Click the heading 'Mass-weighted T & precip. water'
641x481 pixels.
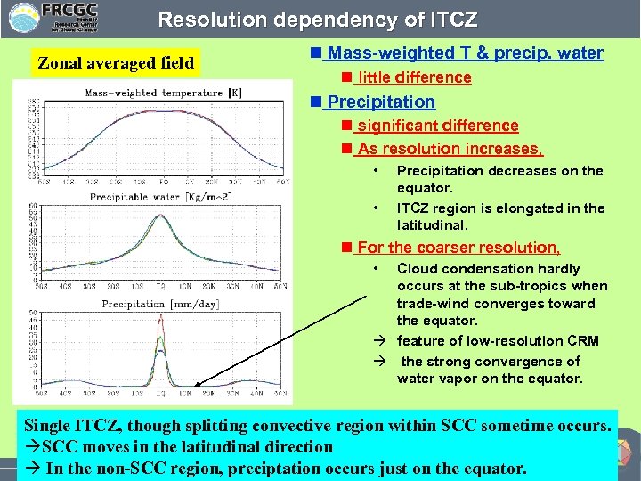pos(463,53)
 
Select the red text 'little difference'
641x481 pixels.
pos(414,77)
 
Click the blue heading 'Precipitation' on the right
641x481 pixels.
pos(381,102)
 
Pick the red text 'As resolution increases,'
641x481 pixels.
pos(450,149)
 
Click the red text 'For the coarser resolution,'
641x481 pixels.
pos(458,248)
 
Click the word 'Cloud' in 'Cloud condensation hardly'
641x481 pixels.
pos(416,269)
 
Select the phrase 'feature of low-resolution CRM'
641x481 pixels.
pos(498,341)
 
